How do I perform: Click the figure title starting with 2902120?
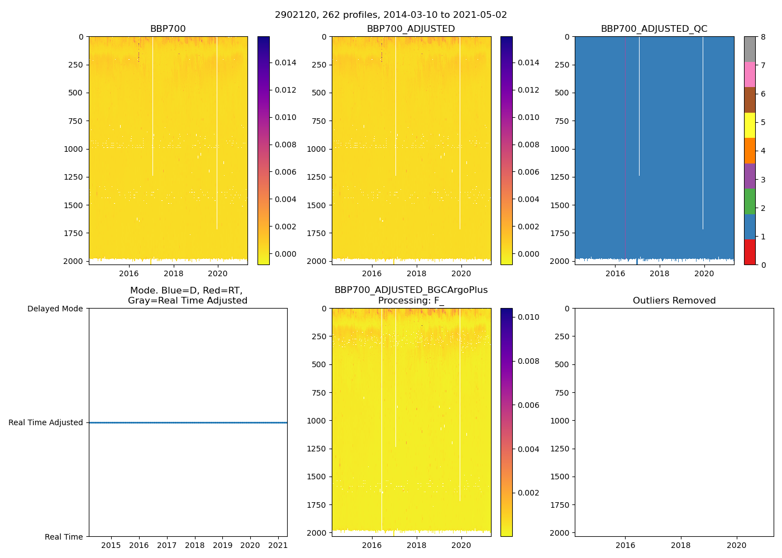391,15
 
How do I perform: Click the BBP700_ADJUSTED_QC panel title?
654,29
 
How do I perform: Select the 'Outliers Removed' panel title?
674,301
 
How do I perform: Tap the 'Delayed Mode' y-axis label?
55,309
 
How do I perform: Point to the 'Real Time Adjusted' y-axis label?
46,423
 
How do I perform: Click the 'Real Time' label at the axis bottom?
64,537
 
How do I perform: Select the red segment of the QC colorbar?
750,252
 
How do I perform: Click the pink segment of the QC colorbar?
750,74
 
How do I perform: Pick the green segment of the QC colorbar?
750,201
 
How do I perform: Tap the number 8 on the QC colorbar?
763,37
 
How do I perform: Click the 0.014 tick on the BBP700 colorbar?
285,62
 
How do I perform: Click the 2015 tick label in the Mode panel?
111,545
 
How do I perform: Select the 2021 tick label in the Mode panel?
278,545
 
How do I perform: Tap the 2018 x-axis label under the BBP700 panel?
173,273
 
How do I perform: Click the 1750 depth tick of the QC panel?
560,233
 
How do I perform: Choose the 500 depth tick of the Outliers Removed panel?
562,364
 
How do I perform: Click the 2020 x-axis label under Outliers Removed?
737,545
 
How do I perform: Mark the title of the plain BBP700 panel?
168,29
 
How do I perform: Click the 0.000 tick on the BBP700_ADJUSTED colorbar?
528,254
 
